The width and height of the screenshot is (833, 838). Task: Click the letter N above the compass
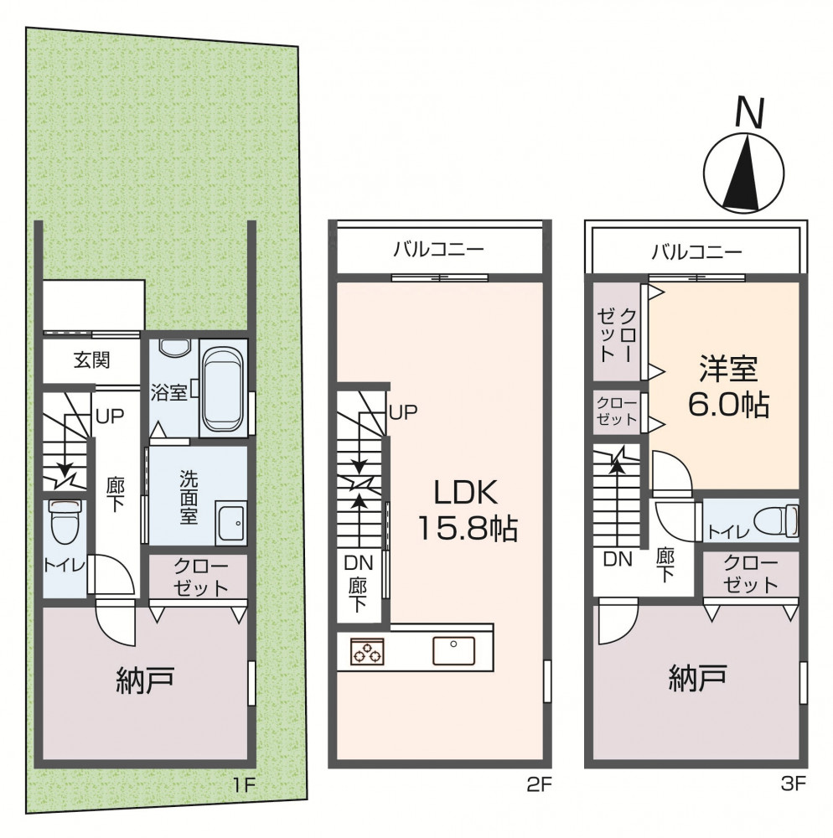point(749,112)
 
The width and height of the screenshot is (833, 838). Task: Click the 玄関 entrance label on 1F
point(92,360)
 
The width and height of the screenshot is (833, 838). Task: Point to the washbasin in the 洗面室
point(230,523)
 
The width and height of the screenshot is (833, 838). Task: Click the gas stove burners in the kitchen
point(367,651)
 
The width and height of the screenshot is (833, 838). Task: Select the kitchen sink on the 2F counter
point(453,650)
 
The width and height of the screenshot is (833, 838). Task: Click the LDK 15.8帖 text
point(467,510)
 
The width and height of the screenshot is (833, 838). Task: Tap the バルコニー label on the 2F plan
point(438,249)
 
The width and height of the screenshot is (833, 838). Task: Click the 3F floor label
point(793,784)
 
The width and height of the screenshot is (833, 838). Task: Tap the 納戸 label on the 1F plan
point(145,680)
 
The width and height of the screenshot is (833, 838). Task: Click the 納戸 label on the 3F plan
point(697,678)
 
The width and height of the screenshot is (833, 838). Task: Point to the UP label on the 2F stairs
point(403,412)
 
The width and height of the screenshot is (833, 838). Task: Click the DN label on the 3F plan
point(618,559)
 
